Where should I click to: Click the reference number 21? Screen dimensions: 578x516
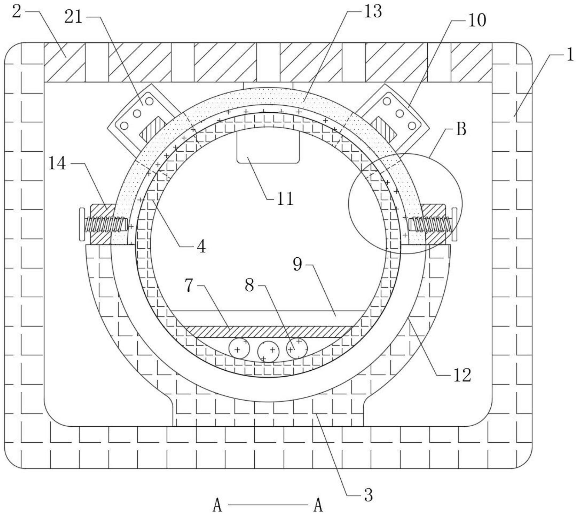point(73,17)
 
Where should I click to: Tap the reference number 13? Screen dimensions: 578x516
point(373,12)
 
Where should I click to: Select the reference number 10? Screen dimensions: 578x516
point(477,20)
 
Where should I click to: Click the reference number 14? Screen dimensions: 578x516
point(57,164)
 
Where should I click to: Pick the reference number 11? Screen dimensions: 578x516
point(285,199)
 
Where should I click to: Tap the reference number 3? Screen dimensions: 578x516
point(368,495)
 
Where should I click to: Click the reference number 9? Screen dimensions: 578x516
point(298,265)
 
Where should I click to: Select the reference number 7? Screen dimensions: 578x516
point(189,286)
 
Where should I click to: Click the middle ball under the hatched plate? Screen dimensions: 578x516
point(268,351)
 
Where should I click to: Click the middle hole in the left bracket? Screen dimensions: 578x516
point(137,113)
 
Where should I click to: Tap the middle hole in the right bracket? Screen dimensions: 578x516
point(400,113)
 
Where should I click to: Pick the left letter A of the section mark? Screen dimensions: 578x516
point(217,505)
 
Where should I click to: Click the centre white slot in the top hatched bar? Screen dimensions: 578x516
point(268,62)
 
